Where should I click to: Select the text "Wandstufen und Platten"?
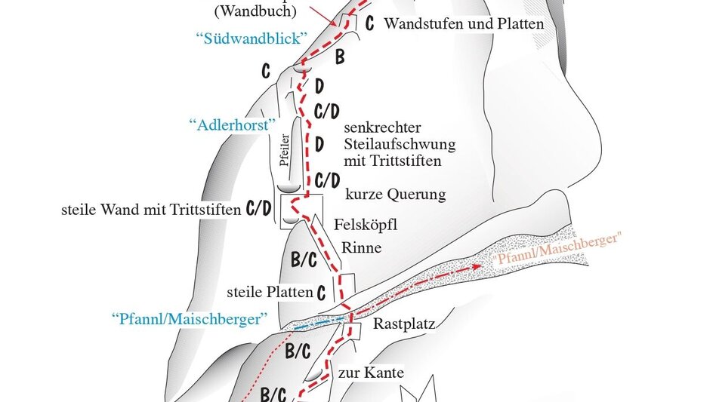[464, 24]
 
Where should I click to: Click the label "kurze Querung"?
[395, 195]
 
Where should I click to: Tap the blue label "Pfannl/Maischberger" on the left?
[189, 318]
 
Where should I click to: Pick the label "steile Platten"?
[270, 291]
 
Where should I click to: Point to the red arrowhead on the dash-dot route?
[477, 266]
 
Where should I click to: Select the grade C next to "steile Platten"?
[322, 292]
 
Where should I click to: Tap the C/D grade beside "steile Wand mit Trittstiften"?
[258, 209]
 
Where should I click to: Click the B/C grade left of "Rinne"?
[304, 260]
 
